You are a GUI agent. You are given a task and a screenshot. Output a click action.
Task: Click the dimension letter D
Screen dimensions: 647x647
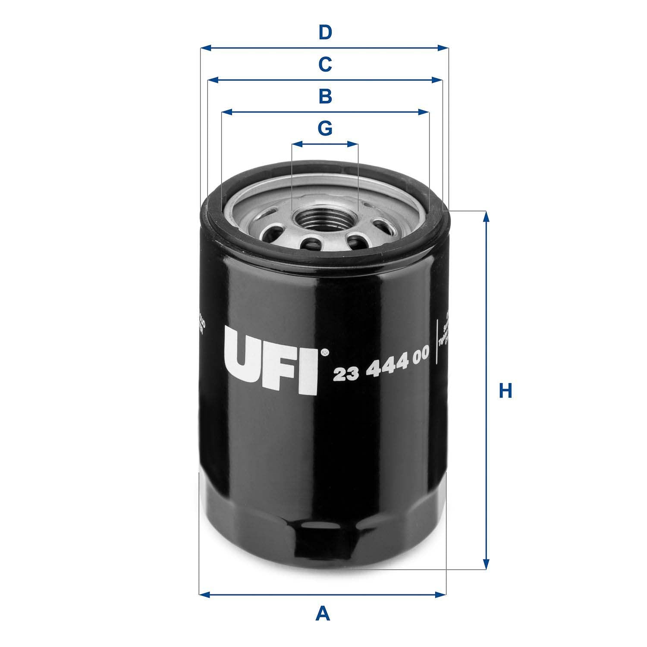[x=325, y=33]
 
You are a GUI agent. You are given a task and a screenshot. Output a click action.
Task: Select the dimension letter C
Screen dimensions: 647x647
[x=325, y=65]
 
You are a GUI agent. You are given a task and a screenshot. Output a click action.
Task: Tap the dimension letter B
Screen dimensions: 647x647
[x=325, y=97]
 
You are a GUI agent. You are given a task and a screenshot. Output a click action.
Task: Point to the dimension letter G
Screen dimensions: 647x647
[x=325, y=129]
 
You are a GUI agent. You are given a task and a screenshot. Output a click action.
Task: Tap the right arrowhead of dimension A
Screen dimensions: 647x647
[x=441, y=595]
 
